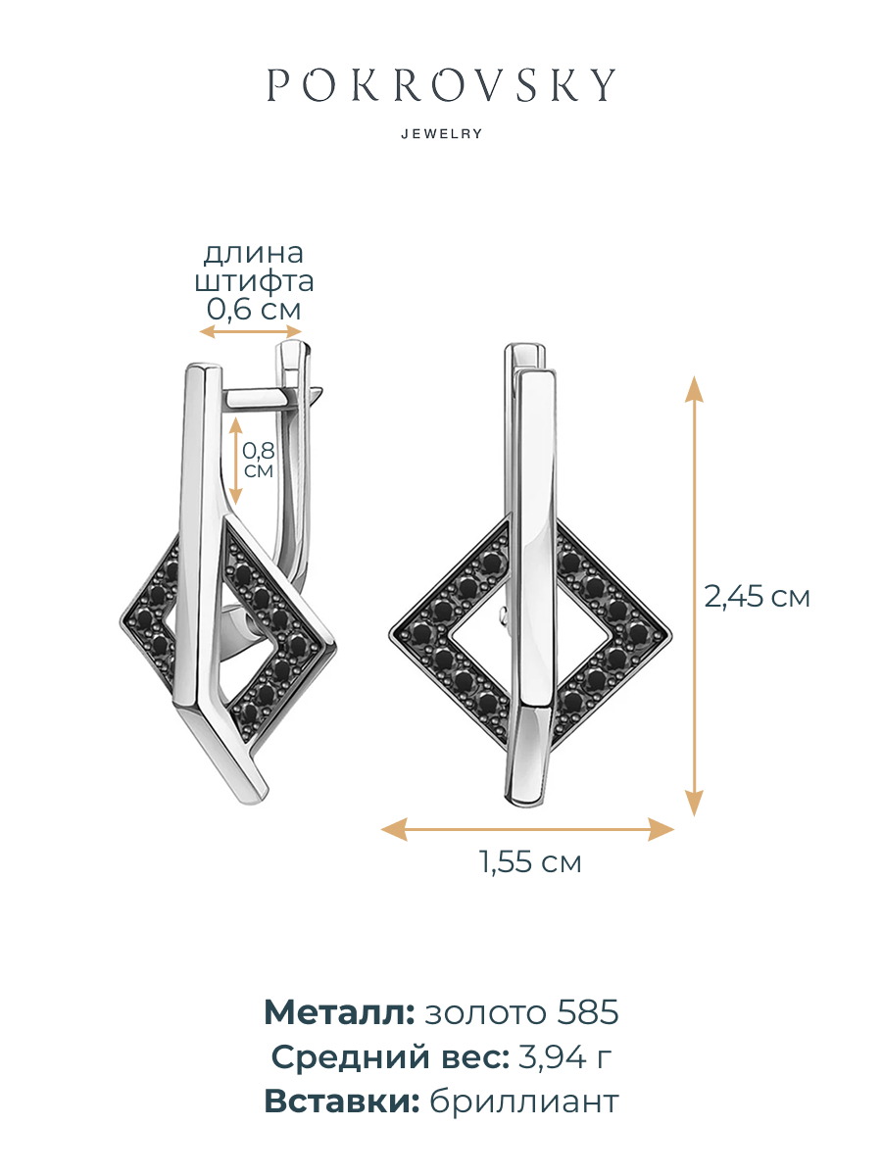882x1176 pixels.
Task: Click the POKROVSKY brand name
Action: pyautogui.click(x=441, y=84)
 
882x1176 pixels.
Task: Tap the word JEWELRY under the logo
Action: pyautogui.click(x=442, y=133)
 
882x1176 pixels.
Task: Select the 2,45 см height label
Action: pyautogui.click(x=757, y=596)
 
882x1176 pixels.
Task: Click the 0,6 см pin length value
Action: pyautogui.click(x=254, y=309)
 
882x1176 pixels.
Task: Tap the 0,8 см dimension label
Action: pyautogui.click(x=258, y=460)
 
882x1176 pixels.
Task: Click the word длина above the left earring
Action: pyautogui.click(x=253, y=253)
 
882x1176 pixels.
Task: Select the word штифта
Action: pyautogui.click(x=254, y=280)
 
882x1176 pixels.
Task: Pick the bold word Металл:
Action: pyautogui.click(x=339, y=1012)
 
